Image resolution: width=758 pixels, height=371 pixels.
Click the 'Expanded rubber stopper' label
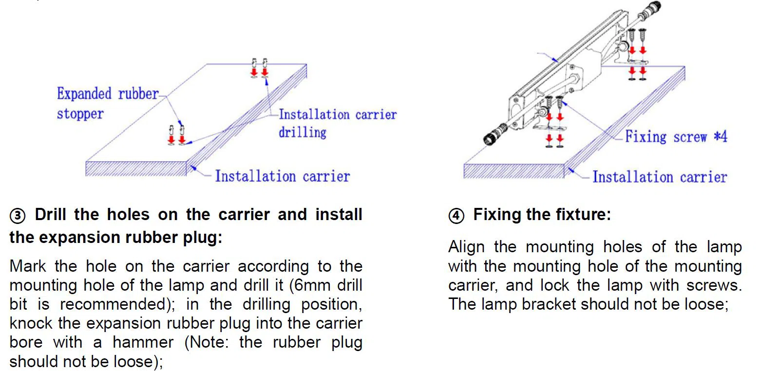tap(107, 103)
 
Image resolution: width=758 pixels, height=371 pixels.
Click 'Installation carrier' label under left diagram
tap(282, 176)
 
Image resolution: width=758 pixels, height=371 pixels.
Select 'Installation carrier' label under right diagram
tap(659, 177)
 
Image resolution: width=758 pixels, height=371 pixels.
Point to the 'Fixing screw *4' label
tap(676, 136)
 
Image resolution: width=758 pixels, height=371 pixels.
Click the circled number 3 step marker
tap(18, 216)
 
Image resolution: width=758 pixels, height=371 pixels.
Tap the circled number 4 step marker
tap(456, 216)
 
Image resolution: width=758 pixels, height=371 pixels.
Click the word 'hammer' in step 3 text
tap(143, 342)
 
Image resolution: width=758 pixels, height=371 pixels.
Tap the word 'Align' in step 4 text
tap(466, 247)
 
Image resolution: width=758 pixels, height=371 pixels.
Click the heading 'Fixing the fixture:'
tap(542, 215)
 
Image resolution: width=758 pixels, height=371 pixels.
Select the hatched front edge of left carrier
tap(136, 168)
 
